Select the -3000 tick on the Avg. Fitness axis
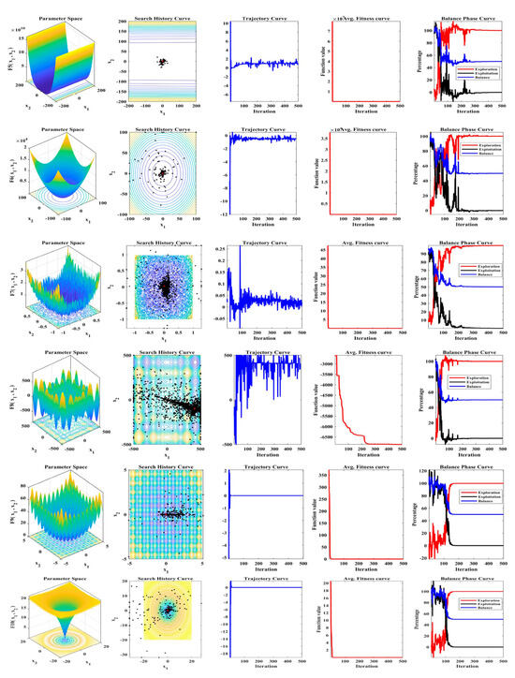click(323, 361)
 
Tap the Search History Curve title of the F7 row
click(153, 238)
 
